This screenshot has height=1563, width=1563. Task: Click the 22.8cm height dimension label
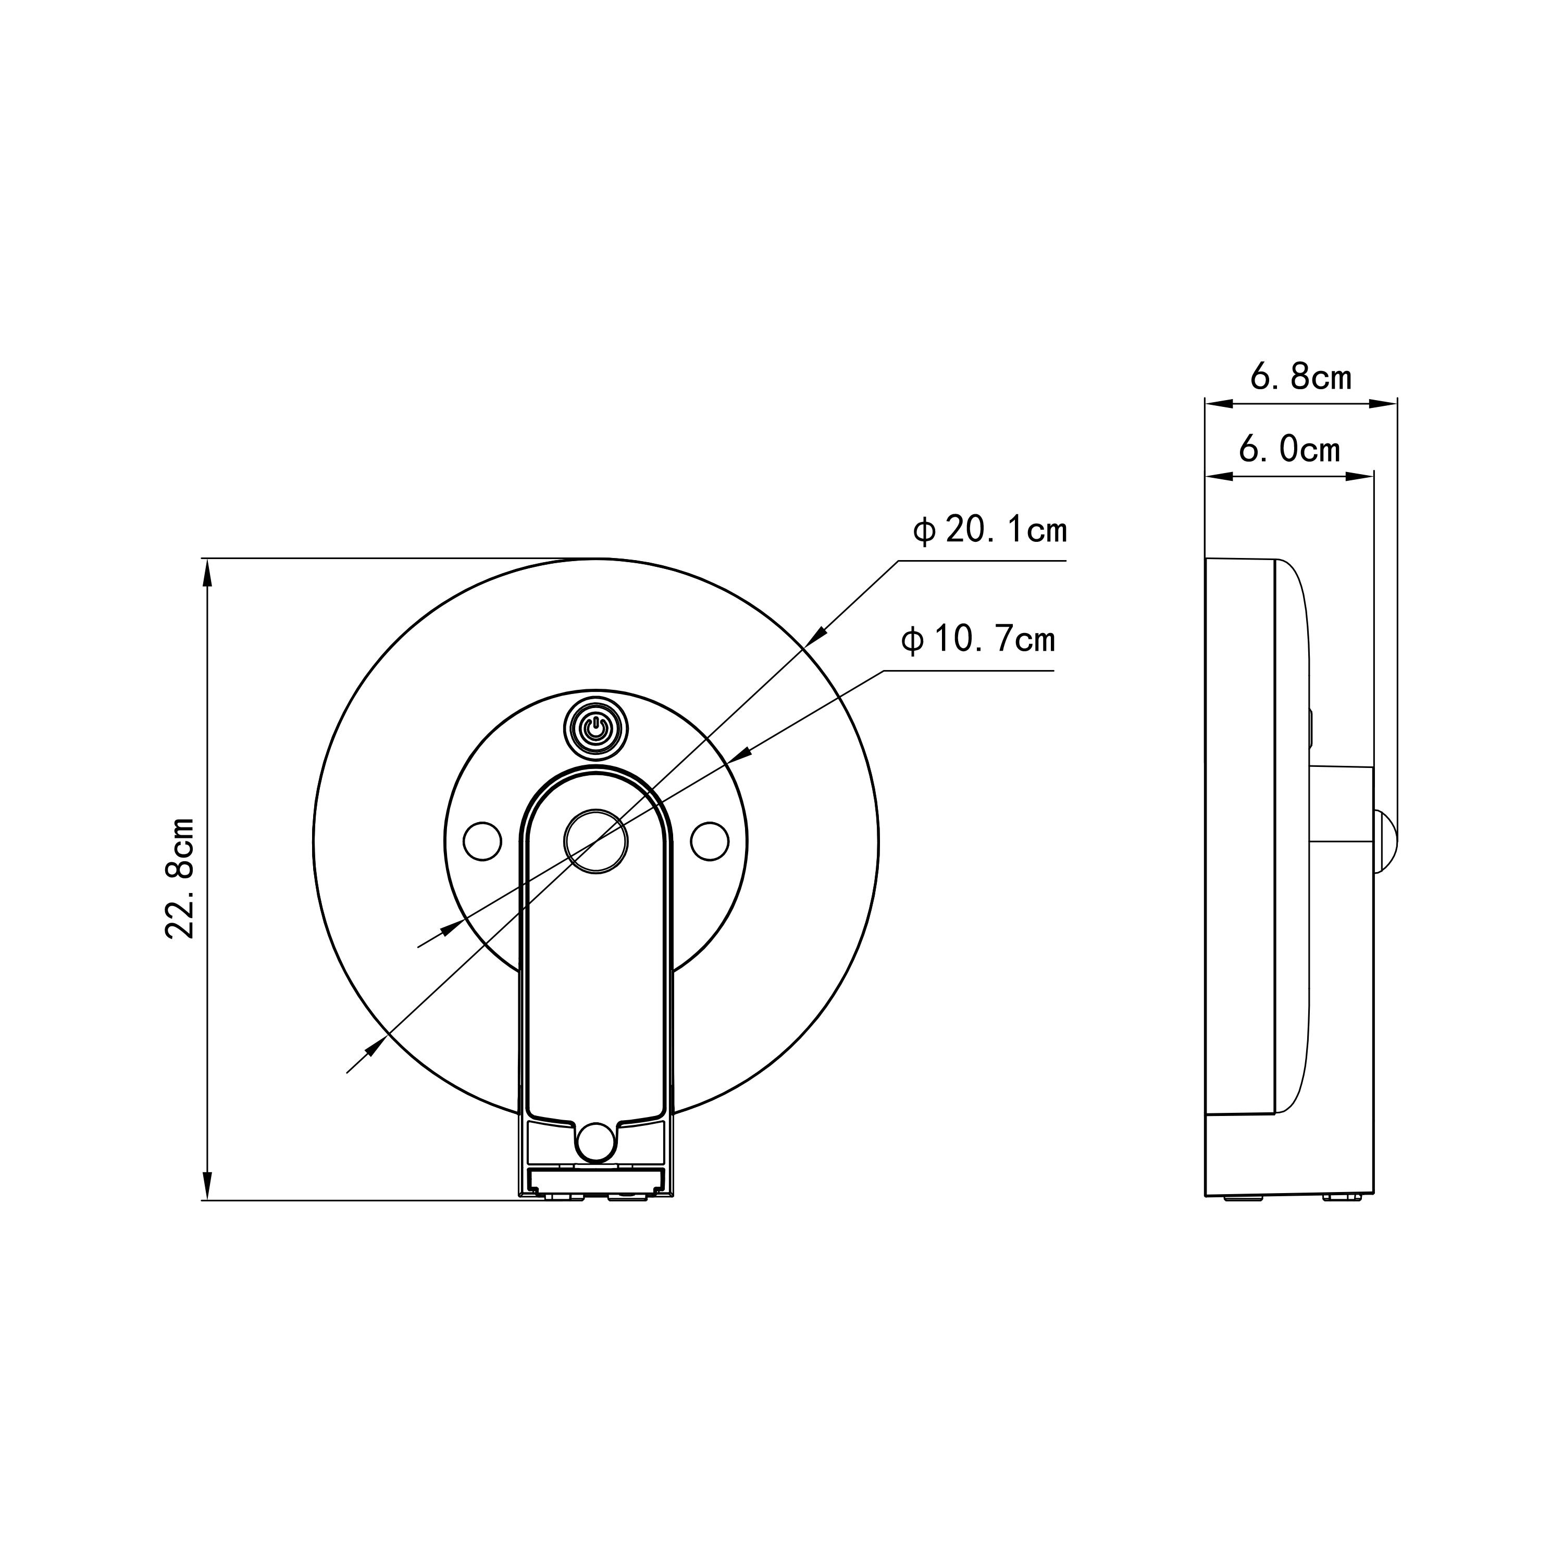click(180, 878)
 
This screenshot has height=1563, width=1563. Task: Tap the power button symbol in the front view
click(596, 728)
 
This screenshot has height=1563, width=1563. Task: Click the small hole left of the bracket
click(482, 841)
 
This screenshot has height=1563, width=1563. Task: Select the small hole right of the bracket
click(710, 841)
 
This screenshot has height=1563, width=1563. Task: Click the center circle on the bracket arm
click(596, 841)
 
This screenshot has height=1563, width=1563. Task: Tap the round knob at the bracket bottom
click(596, 1142)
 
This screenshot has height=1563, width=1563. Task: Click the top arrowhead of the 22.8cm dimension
click(208, 574)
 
